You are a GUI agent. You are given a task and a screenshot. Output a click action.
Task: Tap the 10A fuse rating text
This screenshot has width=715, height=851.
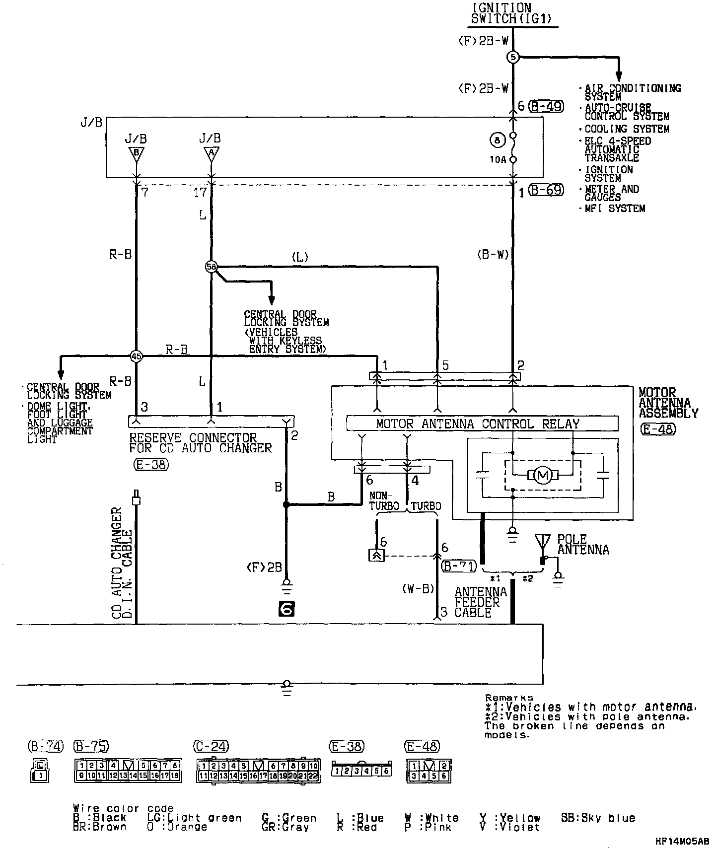tap(498, 159)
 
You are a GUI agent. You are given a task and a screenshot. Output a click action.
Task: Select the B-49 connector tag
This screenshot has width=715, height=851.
tap(546, 106)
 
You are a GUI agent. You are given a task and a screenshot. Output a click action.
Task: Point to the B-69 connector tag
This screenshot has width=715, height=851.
tap(546, 190)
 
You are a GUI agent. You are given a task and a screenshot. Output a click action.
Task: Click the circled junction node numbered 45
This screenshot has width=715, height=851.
tap(136, 356)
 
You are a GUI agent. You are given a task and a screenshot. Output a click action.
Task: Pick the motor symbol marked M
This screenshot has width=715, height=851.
tap(542, 476)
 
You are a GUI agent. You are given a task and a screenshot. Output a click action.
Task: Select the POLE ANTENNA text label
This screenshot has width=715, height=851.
tap(583, 544)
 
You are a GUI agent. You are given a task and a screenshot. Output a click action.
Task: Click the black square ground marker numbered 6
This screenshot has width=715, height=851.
tap(286, 609)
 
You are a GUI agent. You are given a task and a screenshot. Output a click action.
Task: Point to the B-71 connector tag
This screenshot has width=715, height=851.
tap(459, 566)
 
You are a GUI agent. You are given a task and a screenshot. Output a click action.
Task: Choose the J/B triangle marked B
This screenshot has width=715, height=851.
tap(136, 153)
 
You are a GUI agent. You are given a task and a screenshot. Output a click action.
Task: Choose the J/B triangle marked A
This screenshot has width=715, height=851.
tap(211, 153)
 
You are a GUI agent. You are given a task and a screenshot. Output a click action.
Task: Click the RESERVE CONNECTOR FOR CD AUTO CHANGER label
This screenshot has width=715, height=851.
tap(201, 443)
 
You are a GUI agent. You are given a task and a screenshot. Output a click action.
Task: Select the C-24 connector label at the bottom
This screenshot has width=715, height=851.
tap(211, 746)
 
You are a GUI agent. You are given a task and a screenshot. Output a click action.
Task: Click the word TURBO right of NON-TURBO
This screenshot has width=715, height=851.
tap(426, 506)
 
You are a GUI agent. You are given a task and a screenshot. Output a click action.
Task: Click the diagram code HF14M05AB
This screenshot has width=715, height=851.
tap(682, 841)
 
